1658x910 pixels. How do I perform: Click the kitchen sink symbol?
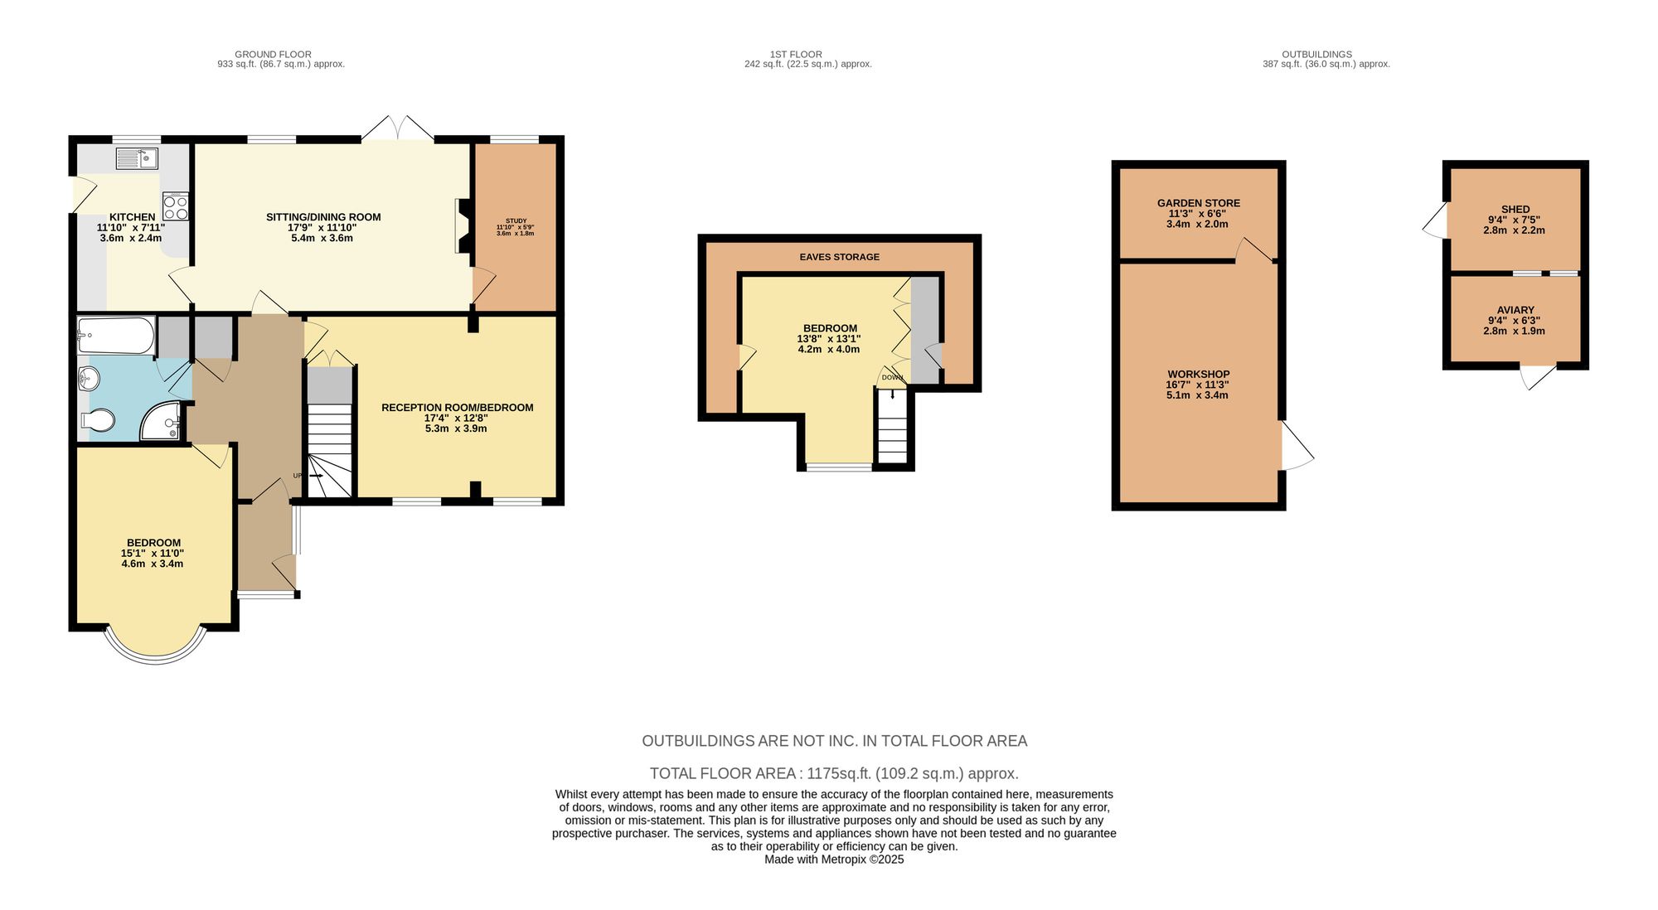(x=137, y=158)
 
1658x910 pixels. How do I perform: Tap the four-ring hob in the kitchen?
(x=176, y=206)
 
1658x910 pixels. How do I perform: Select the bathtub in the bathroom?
(x=116, y=336)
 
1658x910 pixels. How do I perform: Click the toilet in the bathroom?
(x=98, y=422)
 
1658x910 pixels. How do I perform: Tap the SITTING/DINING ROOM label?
(x=323, y=217)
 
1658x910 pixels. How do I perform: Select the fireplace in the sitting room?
(x=462, y=225)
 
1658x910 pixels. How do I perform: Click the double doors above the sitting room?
(x=398, y=128)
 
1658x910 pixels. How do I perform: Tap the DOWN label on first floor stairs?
(x=892, y=378)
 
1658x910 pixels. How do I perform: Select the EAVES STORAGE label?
(x=839, y=257)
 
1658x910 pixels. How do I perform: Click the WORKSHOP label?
(x=1198, y=375)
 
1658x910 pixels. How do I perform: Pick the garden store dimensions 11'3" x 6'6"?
(x=1198, y=214)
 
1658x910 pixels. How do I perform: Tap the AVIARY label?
(x=1515, y=310)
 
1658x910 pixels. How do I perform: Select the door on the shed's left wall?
(x=1436, y=221)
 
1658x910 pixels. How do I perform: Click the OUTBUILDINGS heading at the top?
(x=1316, y=55)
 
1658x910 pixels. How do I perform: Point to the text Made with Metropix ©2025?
(x=834, y=859)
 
